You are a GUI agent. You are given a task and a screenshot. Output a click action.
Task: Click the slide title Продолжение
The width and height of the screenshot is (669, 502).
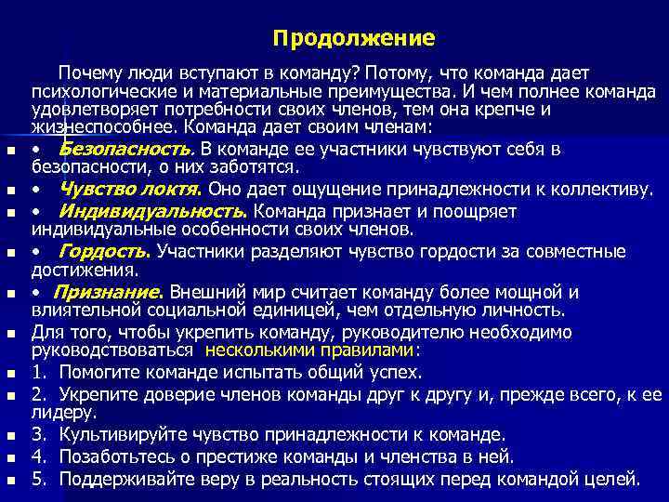point(353,39)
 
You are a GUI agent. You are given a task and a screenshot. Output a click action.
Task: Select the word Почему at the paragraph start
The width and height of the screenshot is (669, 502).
point(88,73)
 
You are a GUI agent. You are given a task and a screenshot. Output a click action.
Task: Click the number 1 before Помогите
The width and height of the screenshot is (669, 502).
point(37,372)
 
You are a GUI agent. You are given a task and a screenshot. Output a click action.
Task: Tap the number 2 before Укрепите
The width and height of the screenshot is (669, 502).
point(37,394)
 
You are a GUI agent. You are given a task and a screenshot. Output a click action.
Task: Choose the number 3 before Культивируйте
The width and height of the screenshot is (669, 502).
point(37,434)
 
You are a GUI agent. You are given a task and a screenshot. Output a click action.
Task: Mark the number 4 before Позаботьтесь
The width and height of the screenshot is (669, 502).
point(37,456)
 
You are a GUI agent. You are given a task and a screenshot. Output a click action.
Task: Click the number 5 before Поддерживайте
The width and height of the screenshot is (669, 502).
point(37,479)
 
